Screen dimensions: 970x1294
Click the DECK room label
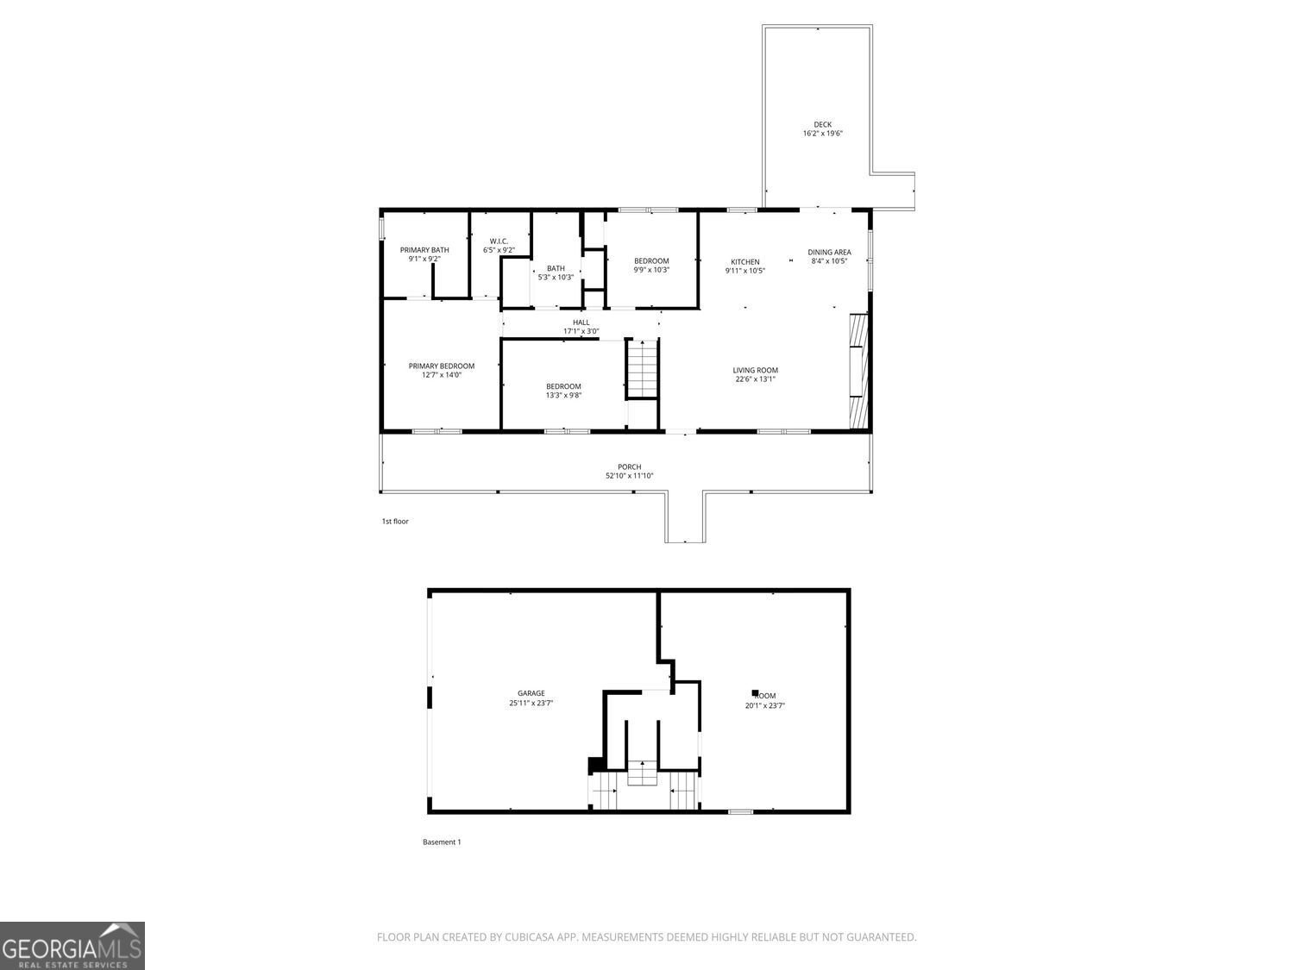click(x=822, y=124)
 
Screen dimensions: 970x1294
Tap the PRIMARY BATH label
click(x=424, y=250)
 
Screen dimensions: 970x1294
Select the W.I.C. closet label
click(x=499, y=241)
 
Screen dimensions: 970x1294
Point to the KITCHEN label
click(x=745, y=262)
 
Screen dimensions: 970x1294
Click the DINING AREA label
click(x=829, y=253)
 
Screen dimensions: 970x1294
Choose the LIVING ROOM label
click(x=756, y=371)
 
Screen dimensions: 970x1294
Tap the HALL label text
click(x=581, y=322)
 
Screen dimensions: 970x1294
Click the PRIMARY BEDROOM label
click(x=442, y=366)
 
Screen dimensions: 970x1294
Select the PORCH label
click(x=629, y=467)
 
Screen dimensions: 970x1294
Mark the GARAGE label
click(x=531, y=693)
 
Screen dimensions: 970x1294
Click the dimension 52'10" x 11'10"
click(x=629, y=476)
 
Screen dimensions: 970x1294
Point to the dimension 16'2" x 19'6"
click(x=822, y=134)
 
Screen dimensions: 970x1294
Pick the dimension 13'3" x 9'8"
click(x=563, y=396)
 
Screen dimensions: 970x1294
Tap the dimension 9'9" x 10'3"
click(x=651, y=270)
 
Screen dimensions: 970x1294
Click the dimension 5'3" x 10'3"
click(x=556, y=278)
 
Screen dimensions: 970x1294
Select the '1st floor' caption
click(x=395, y=522)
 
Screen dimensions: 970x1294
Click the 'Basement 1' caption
click(x=442, y=842)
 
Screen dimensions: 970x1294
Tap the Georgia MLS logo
click(x=72, y=946)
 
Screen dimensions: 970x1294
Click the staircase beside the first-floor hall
click(x=642, y=369)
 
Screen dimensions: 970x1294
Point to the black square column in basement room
click(x=755, y=692)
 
